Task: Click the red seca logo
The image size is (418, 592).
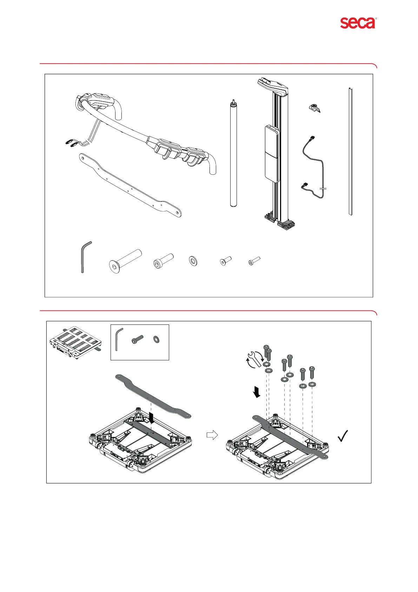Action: pos(357,23)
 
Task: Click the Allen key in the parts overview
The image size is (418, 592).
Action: pos(84,257)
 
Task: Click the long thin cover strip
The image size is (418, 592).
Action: pos(350,151)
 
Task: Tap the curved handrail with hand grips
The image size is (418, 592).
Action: pos(140,134)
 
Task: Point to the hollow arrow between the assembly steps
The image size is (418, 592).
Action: pos(212,435)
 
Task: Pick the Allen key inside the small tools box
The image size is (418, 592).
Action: pos(119,339)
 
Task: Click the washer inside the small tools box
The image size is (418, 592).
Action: pos(156,339)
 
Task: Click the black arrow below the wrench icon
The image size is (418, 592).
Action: pos(257,392)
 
